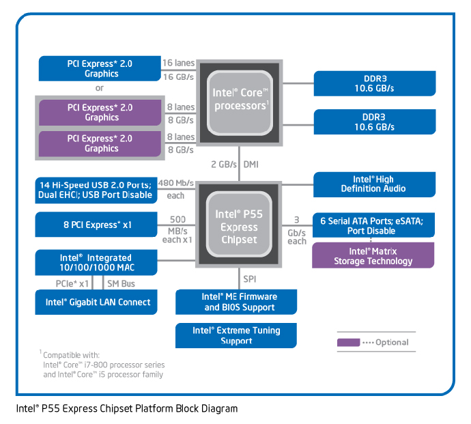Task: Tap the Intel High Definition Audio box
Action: click(x=373, y=184)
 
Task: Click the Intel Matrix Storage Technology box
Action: click(x=373, y=256)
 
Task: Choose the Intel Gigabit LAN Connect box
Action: click(x=98, y=302)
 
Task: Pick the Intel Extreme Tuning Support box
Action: click(x=236, y=335)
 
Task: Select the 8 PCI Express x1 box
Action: click(x=98, y=224)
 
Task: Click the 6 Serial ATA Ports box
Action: click(x=373, y=225)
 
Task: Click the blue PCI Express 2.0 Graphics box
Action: click(x=101, y=68)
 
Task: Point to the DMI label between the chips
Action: click(x=251, y=165)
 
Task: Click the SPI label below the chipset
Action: click(x=251, y=279)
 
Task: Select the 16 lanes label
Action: click(x=178, y=63)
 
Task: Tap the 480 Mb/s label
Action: click(x=176, y=183)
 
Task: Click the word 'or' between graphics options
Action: click(x=100, y=88)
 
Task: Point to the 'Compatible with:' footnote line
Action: click(x=70, y=355)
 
